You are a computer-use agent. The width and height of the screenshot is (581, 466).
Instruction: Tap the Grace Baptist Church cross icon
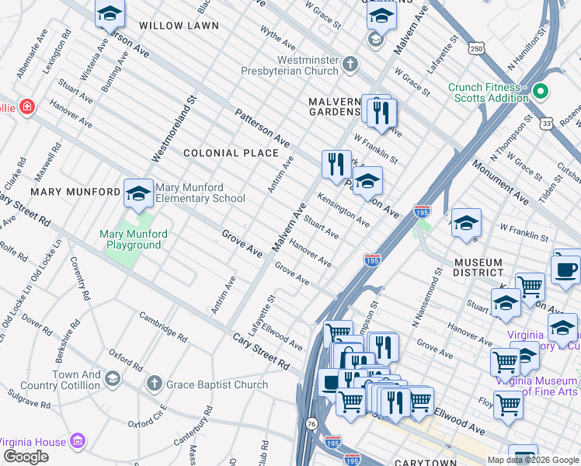pyautogui.click(x=155, y=384)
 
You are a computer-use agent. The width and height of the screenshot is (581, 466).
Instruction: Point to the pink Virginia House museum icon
pyautogui.click(x=77, y=442)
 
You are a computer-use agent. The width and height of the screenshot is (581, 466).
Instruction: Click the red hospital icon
pyautogui.click(x=27, y=106)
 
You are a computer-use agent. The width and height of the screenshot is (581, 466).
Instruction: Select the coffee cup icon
pyautogui.click(x=565, y=270)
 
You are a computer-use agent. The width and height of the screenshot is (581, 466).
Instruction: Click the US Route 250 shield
pyautogui.click(x=476, y=49)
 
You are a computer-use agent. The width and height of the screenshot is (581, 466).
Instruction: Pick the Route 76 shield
pyautogui.click(x=311, y=423)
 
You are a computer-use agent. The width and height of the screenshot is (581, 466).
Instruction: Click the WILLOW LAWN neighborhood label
pyautogui.click(x=173, y=26)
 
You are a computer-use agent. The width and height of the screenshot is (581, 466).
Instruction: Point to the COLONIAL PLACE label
pyautogui.click(x=231, y=153)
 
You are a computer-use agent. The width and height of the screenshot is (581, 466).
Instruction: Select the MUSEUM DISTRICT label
pyautogui.click(x=478, y=266)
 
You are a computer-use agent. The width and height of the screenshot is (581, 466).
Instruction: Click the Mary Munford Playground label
pyautogui.click(x=130, y=239)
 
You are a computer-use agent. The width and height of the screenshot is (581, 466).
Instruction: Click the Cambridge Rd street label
pyautogui.click(x=163, y=327)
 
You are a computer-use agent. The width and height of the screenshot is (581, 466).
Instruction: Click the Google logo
pyautogui.click(x=26, y=457)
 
